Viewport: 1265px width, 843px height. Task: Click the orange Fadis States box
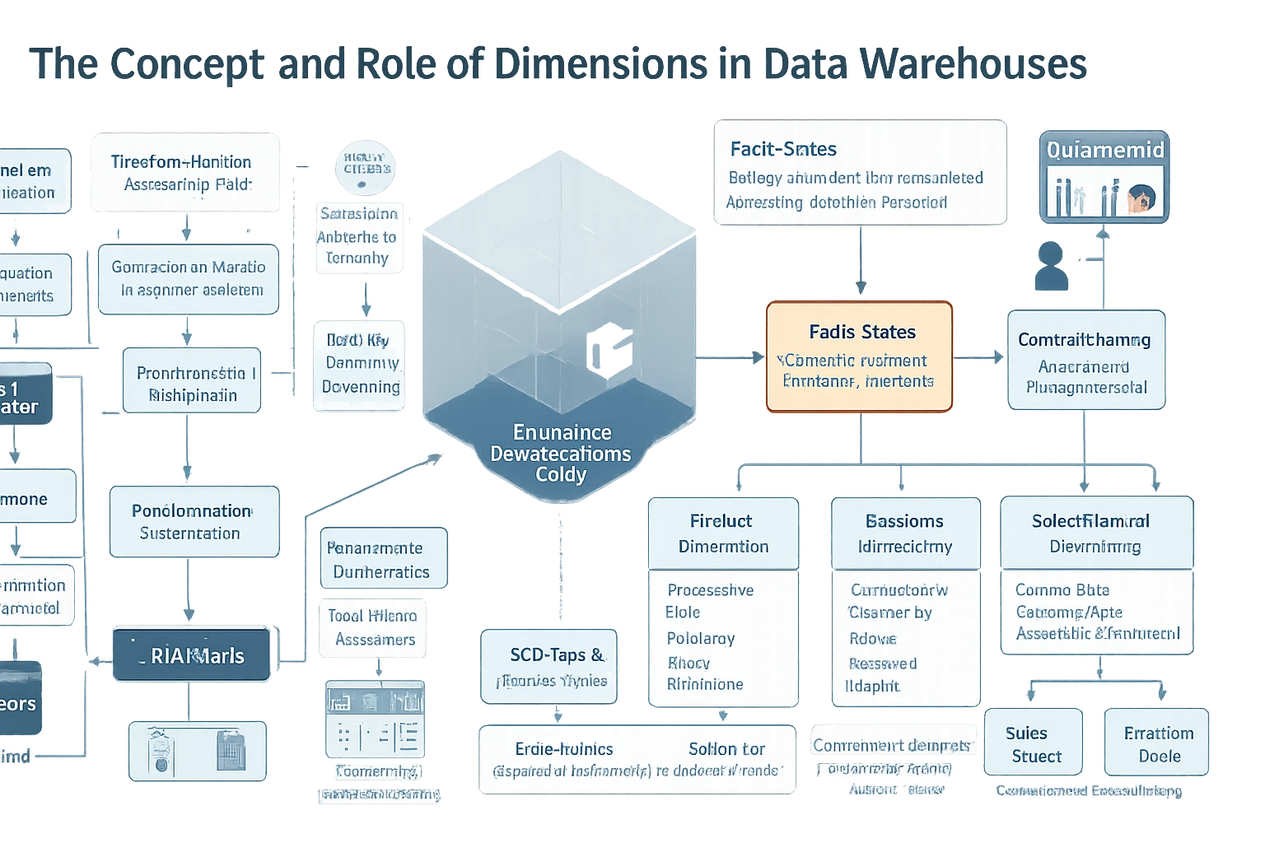coord(859,356)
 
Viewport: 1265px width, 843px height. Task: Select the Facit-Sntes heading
coord(782,149)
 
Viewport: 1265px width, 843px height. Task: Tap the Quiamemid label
coord(1104,150)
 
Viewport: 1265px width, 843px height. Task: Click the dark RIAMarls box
coord(191,655)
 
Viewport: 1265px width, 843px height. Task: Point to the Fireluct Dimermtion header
coord(722,533)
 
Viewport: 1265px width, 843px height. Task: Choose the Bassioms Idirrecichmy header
coord(905,533)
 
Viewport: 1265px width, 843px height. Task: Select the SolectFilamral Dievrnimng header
coord(1095,533)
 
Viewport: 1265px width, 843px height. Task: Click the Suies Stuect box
coord(1033,744)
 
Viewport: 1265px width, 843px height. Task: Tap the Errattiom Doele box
coord(1157,744)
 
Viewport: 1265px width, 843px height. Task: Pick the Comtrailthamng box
coord(1085,361)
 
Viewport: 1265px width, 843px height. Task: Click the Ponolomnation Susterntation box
coord(194,522)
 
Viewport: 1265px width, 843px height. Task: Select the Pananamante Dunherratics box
coord(382,560)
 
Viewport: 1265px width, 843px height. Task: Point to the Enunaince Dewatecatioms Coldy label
coord(560,454)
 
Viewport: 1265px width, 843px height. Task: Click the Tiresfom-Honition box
coord(184,173)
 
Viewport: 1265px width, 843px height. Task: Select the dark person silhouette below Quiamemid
coord(1051,265)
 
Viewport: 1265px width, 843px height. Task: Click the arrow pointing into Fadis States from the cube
coord(756,357)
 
